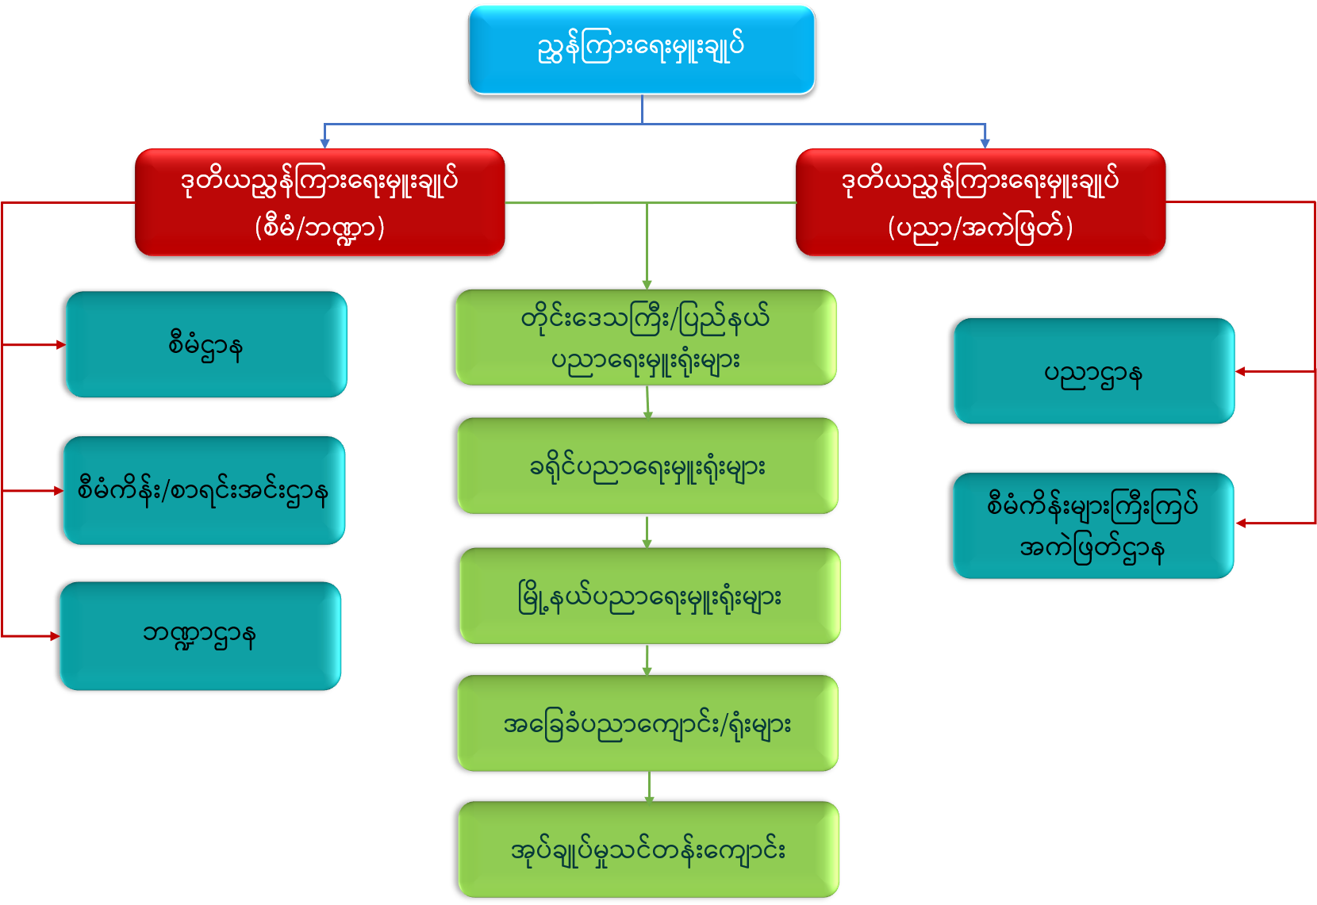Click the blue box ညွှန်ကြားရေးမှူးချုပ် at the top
pyautogui.click(x=641, y=49)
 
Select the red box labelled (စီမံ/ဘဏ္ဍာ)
pyautogui.click(x=320, y=203)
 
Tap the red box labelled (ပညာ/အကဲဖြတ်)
pyautogui.click(x=981, y=203)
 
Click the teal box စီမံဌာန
pyautogui.click(x=206, y=345)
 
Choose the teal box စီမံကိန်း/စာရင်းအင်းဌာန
pyautogui.click(x=204, y=491)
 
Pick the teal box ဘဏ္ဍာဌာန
pyautogui.click(x=200, y=636)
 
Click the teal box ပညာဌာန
pyautogui.click(x=1093, y=371)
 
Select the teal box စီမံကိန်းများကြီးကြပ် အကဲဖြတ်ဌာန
pyautogui.click(x=1093, y=526)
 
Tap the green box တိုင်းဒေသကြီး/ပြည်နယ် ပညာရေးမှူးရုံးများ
pyautogui.click(x=646, y=338)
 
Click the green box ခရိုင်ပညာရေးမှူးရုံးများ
pyautogui.click(x=647, y=466)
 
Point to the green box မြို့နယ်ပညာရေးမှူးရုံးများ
pyautogui.click(x=650, y=596)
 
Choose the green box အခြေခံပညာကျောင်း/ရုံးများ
pyautogui.click(x=647, y=723)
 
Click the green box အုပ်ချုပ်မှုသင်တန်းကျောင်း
pyautogui.click(x=648, y=849)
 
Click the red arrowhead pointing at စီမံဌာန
pyautogui.click(x=60, y=345)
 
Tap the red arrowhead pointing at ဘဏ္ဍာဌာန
pyautogui.click(x=55, y=636)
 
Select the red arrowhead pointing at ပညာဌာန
pyautogui.click(x=1241, y=371)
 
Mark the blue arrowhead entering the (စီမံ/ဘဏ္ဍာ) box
pyautogui.click(x=324, y=144)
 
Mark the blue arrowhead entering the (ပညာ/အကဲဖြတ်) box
pyautogui.click(x=985, y=144)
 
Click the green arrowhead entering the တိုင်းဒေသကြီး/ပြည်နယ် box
pyautogui.click(x=647, y=285)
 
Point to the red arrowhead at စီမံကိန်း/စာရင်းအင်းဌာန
pyautogui.click(x=58, y=491)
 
